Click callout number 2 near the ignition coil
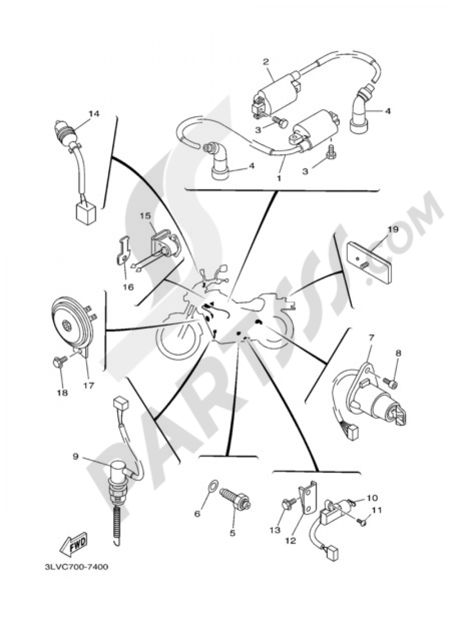(x=266, y=62)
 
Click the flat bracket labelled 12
(x=308, y=499)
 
